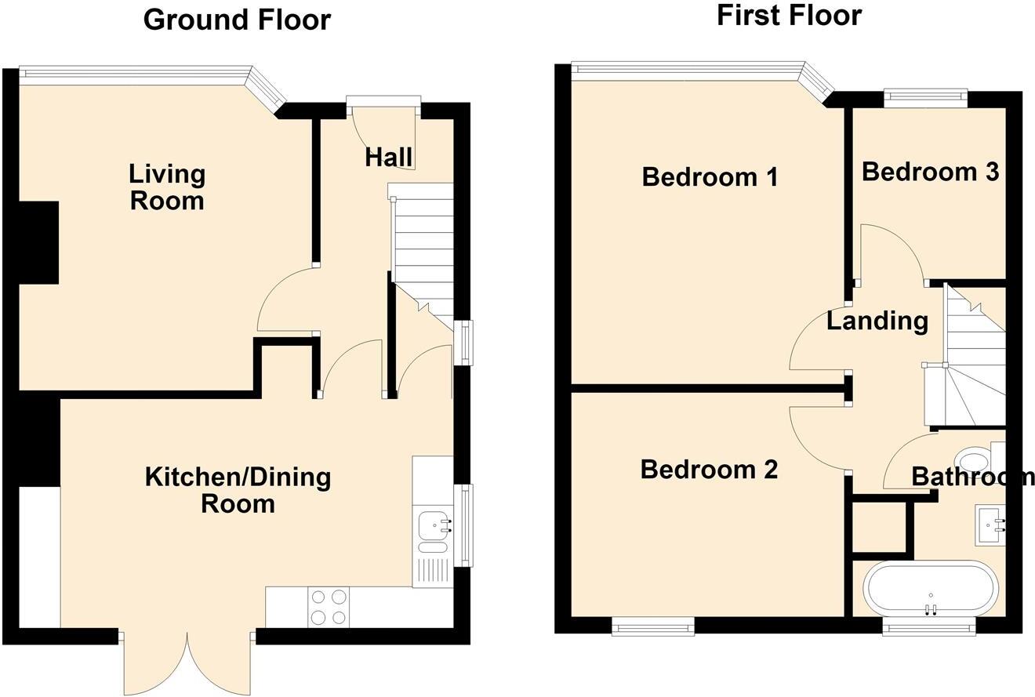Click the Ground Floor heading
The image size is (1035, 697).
coord(237,20)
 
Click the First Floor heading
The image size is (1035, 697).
coord(789,15)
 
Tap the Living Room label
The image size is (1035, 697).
coord(167,187)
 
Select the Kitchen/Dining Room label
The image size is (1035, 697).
coord(238,491)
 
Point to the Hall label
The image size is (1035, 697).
coord(389,158)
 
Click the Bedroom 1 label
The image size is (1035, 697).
coord(710,177)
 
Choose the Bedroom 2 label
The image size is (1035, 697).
coord(710,470)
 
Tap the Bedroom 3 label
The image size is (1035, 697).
coord(931,172)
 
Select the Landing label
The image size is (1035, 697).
coord(877,321)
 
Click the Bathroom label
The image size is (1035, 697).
coord(972,477)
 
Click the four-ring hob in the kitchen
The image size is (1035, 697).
coord(329,607)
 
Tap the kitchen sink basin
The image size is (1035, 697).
coord(433,526)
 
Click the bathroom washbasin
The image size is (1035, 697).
coord(990,525)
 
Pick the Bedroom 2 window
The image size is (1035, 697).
coord(653,626)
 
